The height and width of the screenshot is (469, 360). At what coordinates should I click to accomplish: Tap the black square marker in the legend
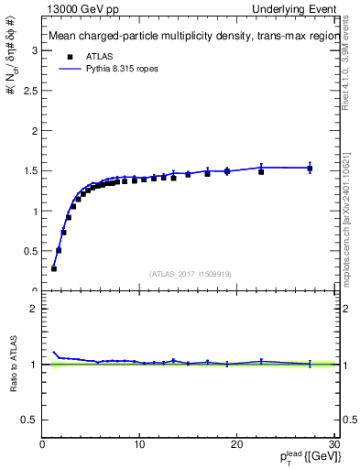tap(68, 55)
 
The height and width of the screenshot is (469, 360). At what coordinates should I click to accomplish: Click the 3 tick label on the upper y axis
tap(36, 50)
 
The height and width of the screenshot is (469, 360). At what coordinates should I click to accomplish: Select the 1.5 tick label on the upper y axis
tap(33, 170)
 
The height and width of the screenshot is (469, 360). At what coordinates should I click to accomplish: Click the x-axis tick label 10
tap(139, 445)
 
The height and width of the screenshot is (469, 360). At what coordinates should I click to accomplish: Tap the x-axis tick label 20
tap(236, 445)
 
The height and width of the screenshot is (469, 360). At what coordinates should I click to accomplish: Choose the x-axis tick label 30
tap(333, 445)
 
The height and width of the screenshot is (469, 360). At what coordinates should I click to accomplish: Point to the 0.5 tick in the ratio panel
tap(33, 420)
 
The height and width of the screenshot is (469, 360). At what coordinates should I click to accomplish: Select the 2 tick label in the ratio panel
tap(36, 309)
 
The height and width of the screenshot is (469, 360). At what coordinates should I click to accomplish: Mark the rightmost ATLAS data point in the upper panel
tap(310, 169)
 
